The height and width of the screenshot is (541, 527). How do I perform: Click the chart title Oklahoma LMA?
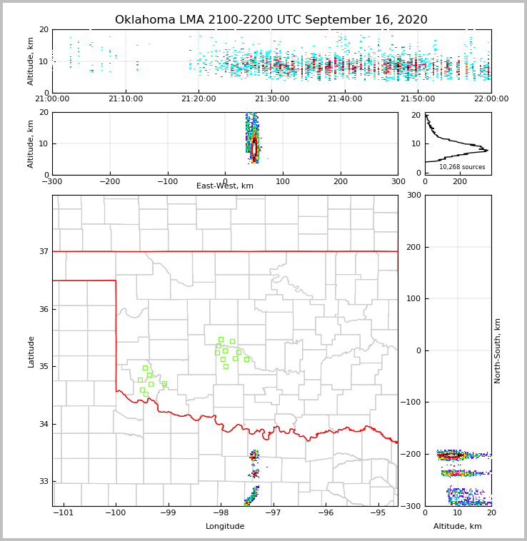click(x=271, y=20)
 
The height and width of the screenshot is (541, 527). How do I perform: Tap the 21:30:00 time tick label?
click(x=271, y=99)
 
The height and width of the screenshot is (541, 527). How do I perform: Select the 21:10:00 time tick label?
click(x=126, y=99)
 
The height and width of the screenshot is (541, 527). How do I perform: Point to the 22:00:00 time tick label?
click(x=491, y=99)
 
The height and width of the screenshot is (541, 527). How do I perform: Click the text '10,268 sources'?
click(x=462, y=167)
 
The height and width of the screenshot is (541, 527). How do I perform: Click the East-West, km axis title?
click(x=225, y=186)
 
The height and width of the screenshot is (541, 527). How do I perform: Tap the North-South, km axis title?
click(x=498, y=350)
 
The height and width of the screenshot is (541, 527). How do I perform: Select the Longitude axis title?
click(x=225, y=527)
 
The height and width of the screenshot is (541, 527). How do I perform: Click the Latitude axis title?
click(x=31, y=351)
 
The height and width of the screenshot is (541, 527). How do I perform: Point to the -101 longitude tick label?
click(x=64, y=513)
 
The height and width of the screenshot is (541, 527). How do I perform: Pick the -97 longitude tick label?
click(x=273, y=513)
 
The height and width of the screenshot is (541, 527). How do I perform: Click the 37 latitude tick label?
click(x=43, y=251)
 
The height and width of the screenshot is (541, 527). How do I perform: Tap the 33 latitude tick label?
click(x=43, y=482)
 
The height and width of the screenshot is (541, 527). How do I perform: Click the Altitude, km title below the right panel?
click(x=458, y=527)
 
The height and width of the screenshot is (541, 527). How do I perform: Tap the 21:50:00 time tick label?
click(x=418, y=99)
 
